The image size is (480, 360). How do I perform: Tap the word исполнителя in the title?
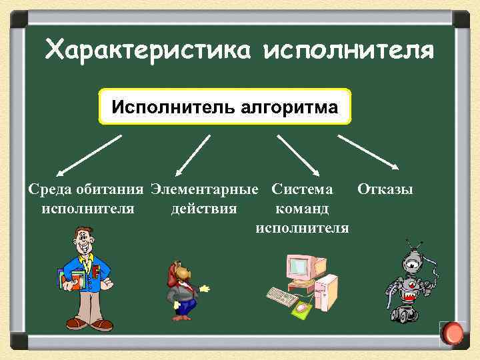point(349,49)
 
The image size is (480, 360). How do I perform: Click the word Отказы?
point(385,189)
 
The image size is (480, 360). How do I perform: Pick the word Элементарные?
point(204,189)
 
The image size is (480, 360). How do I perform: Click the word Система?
point(302,189)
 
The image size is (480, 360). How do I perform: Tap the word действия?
point(203,209)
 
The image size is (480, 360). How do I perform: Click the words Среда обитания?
point(87,189)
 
